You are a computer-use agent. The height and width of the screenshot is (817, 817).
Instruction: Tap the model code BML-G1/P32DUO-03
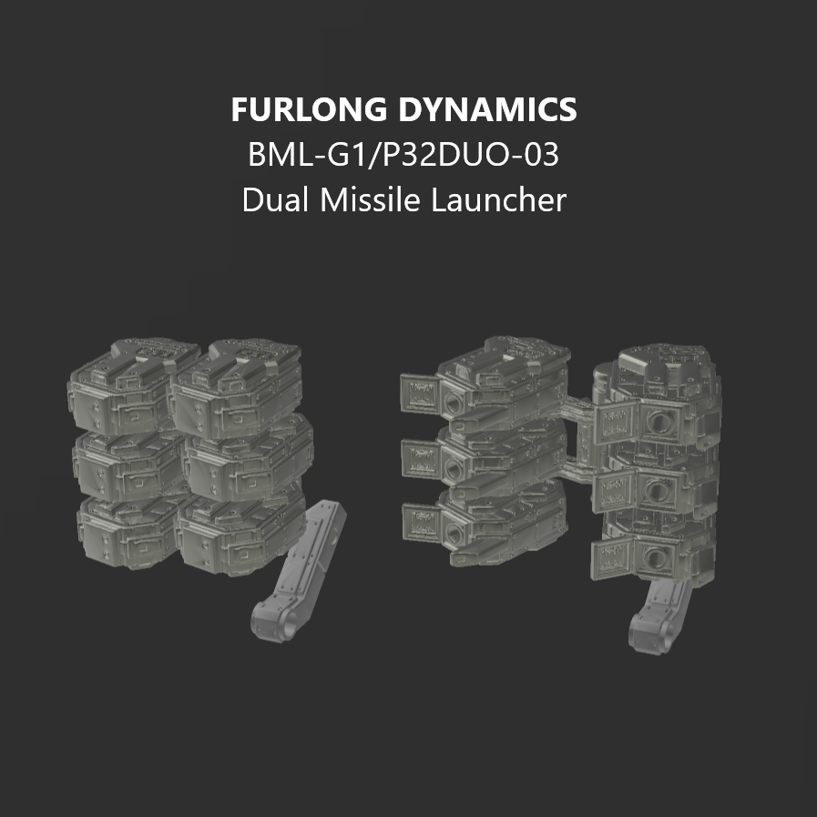403,155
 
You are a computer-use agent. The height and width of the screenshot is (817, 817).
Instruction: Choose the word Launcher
499,199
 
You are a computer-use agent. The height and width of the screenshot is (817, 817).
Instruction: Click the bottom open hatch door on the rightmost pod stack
612,560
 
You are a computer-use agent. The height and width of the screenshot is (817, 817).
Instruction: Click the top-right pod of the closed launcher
228,387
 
